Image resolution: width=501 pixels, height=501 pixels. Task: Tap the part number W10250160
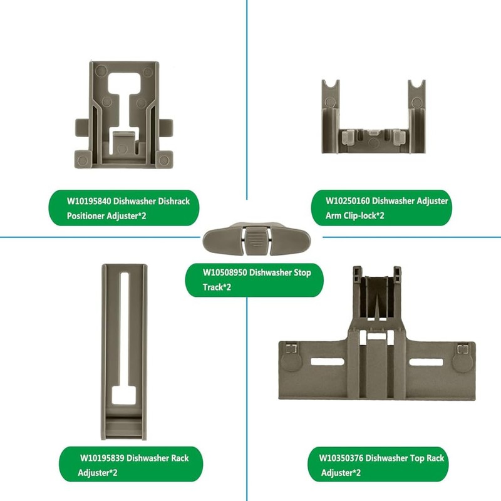348,202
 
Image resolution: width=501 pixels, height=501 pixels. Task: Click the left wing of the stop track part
219,239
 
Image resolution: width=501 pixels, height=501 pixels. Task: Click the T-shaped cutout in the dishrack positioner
125,94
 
